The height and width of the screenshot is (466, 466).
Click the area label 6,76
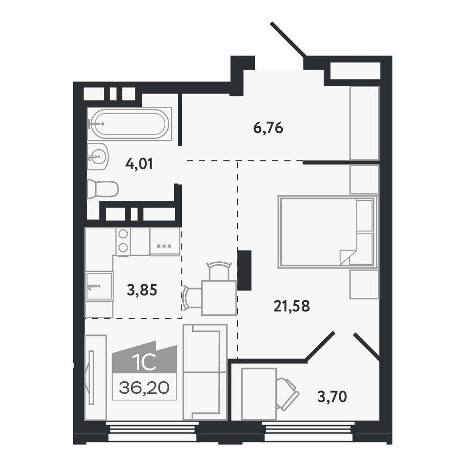pos(268,128)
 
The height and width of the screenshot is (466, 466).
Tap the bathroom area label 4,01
pos(139,164)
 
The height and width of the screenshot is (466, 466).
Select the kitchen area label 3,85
pos(142,290)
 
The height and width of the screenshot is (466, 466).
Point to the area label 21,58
pos(291,306)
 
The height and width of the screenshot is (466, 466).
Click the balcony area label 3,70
pos(332,396)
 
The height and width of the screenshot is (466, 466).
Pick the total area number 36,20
pos(144,388)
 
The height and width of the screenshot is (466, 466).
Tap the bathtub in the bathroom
pos(130,124)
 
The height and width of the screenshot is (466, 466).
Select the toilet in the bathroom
pos(103,189)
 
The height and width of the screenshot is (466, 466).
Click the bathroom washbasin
pos(97,156)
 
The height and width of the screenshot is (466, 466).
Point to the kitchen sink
pos(99,286)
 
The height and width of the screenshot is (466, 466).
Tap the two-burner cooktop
pos(123,241)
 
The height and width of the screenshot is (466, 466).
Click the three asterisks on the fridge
pos(164,246)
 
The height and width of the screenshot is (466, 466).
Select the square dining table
pos(219,297)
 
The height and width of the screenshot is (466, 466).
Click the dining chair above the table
pos(219,271)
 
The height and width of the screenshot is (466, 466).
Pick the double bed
pos(328,232)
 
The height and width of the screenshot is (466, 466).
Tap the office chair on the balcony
pos(287,394)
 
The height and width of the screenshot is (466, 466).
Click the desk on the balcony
pos(259,394)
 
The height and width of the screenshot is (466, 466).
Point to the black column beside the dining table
pos(244,270)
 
